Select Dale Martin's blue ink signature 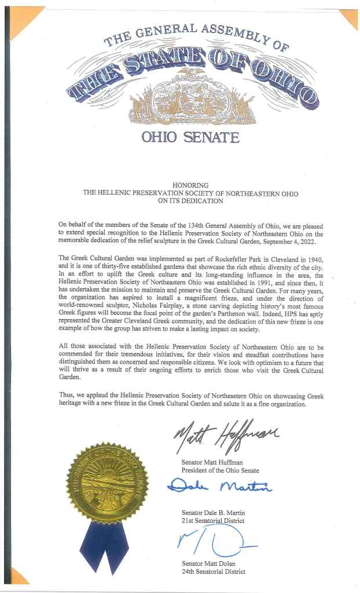pyautogui.click(x=219, y=488)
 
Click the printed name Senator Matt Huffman pyautogui.click(x=211, y=463)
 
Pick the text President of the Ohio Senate pyautogui.click(x=221, y=470)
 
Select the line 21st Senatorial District pyautogui.click(x=213, y=521)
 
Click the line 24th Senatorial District pyautogui.click(x=213, y=572)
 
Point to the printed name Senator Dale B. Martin pyautogui.click(x=212, y=513)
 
